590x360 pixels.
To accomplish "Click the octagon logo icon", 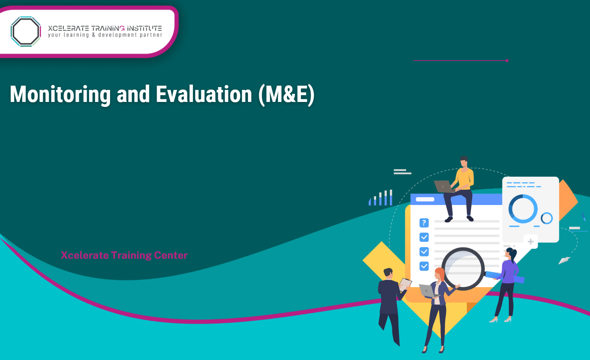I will tap(25, 31).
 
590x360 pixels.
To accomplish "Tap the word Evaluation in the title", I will tap(204, 95).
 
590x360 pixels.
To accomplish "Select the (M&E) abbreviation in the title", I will tap(286, 95).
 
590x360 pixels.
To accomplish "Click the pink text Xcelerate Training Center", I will tap(124, 255).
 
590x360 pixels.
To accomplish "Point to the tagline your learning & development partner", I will tap(105, 35).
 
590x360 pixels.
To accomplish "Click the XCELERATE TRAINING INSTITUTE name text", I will tap(105, 28).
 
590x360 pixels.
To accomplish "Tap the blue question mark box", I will tap(424, 223).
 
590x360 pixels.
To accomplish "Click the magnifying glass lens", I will tap(463, 269).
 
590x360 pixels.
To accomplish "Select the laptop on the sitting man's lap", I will tap(443, 186).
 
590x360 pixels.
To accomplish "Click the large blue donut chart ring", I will tap(523, 209).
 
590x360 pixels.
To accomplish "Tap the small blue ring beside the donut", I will tap(546, 218).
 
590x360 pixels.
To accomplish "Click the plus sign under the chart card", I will tap(531, 241).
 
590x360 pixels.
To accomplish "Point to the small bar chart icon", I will tap(381, 198).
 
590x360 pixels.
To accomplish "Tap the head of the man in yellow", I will tap(464, 161).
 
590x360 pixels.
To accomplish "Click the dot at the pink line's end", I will tap(507, 61).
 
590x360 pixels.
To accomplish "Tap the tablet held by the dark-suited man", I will tap(405, 284).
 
